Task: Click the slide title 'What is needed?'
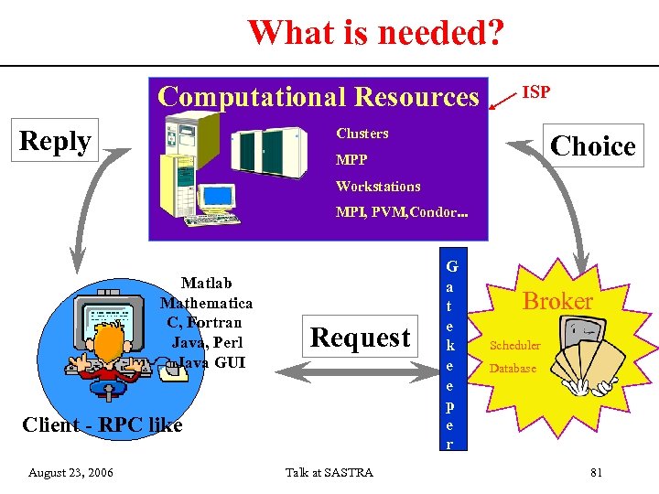[x=375, y=33]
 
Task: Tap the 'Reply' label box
[x=56, y=142]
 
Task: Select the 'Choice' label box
[x=593, y=145]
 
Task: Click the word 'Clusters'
[x=362, y=134]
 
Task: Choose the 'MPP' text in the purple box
[x=351, y=160]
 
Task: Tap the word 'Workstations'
[x=378, y=187]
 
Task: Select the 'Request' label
[x=360, y=338]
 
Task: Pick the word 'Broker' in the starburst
[x=557, y=301]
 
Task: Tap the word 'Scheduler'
[x=515, y=346]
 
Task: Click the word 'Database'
[x=513, y=369]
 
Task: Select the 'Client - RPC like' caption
[x=102, y=424]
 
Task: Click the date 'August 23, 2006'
[x=70, y=473]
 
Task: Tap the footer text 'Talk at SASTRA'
[x=329, y=473]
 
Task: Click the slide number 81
[x=596, y=473]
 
